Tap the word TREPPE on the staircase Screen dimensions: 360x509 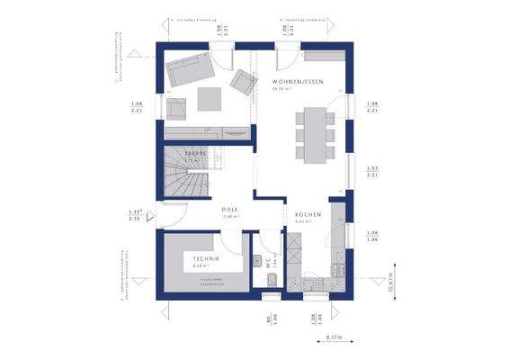(196, 154)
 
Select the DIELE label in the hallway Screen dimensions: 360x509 (229, 211)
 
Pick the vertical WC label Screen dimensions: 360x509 (267, 262)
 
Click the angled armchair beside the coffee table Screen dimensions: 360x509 (242, 83)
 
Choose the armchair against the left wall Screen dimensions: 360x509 (175, 108)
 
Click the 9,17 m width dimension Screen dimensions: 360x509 (333, 338)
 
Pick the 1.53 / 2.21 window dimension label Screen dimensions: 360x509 (371, 172)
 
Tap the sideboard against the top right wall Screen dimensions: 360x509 (321, 56)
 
